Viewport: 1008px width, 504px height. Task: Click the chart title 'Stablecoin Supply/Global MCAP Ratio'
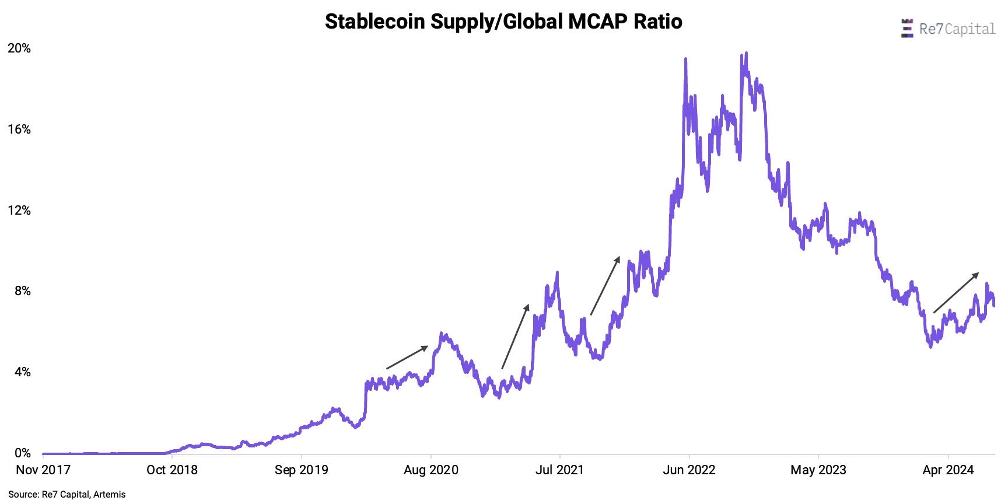[503, 22]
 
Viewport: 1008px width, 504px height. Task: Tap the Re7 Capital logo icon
[907, 29]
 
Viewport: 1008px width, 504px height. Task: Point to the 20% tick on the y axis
[19, 48]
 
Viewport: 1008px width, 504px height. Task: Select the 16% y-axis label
[19, 129]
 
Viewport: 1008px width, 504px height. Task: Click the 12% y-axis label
[19, 211]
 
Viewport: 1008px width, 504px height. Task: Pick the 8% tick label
[22, 291]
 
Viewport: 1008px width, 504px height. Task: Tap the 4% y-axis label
[22, 372]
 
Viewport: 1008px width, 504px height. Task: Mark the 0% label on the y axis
[22, 453]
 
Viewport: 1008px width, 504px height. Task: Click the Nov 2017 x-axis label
[43, 470]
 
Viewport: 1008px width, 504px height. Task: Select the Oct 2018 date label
[172, 470]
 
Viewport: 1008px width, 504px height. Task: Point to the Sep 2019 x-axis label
[302, 470]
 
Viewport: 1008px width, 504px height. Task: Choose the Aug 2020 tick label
[431, 470]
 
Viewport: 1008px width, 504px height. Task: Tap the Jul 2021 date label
[560, 470]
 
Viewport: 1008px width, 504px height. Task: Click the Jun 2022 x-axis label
[689, 470]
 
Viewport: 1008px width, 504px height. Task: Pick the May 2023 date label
[818, 470]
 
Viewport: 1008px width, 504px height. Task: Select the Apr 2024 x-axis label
[948, 470]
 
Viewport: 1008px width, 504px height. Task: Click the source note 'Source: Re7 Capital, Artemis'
[67, 495]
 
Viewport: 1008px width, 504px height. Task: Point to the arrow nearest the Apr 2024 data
[956, 293]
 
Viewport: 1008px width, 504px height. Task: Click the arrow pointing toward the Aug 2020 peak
[407, 358]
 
